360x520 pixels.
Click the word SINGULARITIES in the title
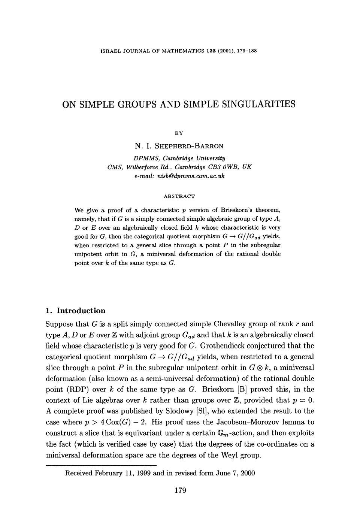coord(257,104)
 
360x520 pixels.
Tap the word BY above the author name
coord(179,133)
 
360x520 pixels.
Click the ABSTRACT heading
coord(179,196)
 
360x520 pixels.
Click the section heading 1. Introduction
coord(75,311)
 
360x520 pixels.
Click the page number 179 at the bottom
coord(180,490)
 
